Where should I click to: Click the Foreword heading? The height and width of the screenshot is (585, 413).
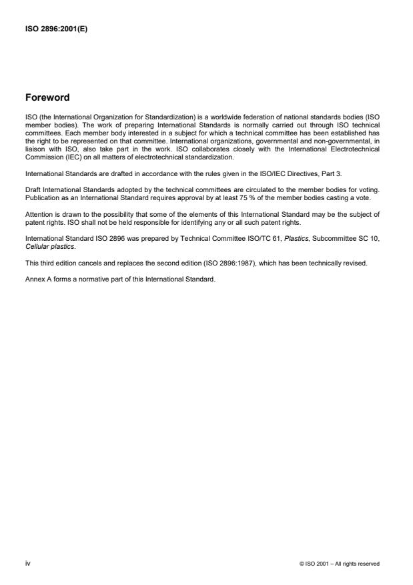coord(47,97)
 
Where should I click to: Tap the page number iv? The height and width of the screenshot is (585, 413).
coord(27,564)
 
